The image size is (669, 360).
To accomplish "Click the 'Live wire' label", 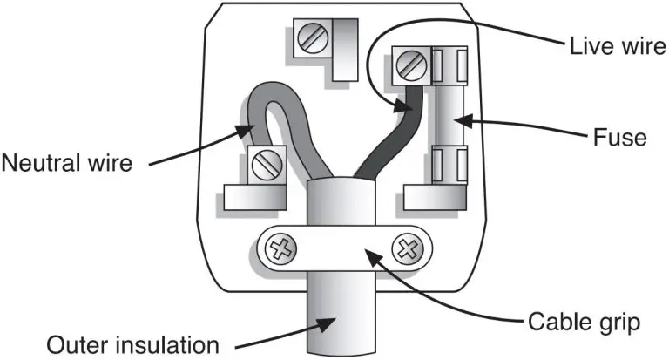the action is click(618, 45).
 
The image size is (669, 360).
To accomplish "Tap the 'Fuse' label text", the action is click(620, 138).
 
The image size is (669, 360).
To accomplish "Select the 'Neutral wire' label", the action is click(67, 163).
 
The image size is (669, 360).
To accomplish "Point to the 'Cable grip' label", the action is click(585, 323).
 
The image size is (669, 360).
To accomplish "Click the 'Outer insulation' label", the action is click(132, 345).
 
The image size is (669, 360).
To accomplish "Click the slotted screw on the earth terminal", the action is click(314, 38).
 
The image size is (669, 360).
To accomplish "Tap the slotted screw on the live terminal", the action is click(411, 66).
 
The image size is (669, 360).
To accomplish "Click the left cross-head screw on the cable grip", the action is click(280, 249).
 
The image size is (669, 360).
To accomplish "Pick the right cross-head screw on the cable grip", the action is click(408, 249).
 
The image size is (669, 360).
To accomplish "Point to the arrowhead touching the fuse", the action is click(464, 121).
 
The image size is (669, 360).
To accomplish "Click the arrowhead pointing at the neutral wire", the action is click(245, 131).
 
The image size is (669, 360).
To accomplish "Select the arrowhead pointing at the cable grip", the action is click(374, 257).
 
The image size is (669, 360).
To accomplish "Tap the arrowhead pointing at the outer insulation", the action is click(326, 324).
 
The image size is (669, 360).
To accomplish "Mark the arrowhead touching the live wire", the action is click(402, 105).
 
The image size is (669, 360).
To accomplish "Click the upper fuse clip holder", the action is click(449, 65).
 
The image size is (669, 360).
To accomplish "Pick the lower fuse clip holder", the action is click(449, 165).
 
